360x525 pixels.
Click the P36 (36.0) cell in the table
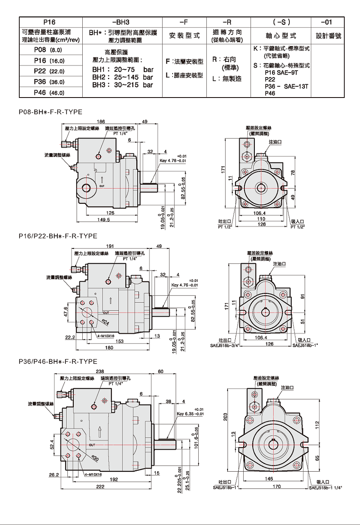pos(50,82)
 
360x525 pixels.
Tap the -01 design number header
pos(327,22)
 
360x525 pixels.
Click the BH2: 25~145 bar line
pos(122,77)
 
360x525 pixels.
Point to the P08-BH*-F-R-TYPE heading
pos(50,112)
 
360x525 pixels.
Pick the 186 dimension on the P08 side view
pos(101,121)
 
